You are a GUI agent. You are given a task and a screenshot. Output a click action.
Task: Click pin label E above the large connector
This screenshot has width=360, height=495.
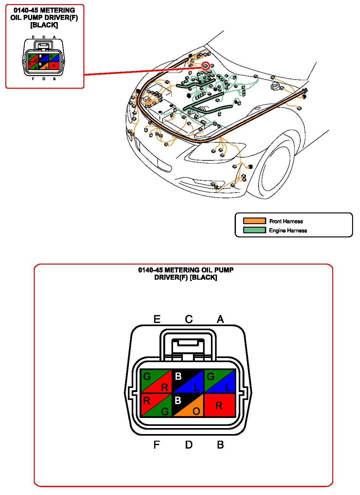(x=157, y=319)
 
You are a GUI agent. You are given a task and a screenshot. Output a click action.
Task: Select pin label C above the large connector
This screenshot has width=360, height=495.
(x=189, y=319)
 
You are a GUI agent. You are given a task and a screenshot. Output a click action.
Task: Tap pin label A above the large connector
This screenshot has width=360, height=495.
(x=220, y=319)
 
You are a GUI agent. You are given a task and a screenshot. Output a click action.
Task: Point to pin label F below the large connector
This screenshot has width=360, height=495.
(x=157, y=445)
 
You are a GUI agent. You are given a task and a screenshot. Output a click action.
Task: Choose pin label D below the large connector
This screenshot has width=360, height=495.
(x=189, y=445)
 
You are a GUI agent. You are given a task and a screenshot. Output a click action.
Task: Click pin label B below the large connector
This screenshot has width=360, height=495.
(x=220, y=445)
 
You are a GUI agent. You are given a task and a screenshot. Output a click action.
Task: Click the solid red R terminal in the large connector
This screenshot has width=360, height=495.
(x=220, y=405)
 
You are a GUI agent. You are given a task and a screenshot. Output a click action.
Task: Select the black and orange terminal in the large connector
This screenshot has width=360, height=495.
(x=188, y=405)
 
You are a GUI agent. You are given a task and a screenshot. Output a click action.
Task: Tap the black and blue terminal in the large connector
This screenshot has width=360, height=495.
(x=188, y=381)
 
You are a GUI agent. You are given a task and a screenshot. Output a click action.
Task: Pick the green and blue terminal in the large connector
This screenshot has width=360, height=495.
(x=220, y=381)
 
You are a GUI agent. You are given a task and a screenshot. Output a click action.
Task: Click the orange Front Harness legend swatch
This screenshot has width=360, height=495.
(x=254, y=221)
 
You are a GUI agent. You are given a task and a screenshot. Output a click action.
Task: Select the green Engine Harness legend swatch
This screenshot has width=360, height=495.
(x=254, y=230)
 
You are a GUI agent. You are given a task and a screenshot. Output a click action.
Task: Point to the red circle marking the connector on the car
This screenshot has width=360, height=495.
(x=206, y=66)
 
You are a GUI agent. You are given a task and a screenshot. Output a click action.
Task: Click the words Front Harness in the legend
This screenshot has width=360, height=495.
(x=286, y=221)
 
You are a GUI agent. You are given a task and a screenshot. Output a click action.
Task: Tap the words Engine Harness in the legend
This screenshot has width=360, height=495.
(x=288, y=230)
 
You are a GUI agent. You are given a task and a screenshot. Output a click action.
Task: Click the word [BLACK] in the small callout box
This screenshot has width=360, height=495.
(x=44, y=25)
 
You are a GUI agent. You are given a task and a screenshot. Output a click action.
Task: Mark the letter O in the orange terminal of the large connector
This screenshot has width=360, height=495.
(x=196, y=411)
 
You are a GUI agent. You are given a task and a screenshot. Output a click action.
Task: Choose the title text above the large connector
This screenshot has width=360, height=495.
(x=186, y=274)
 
